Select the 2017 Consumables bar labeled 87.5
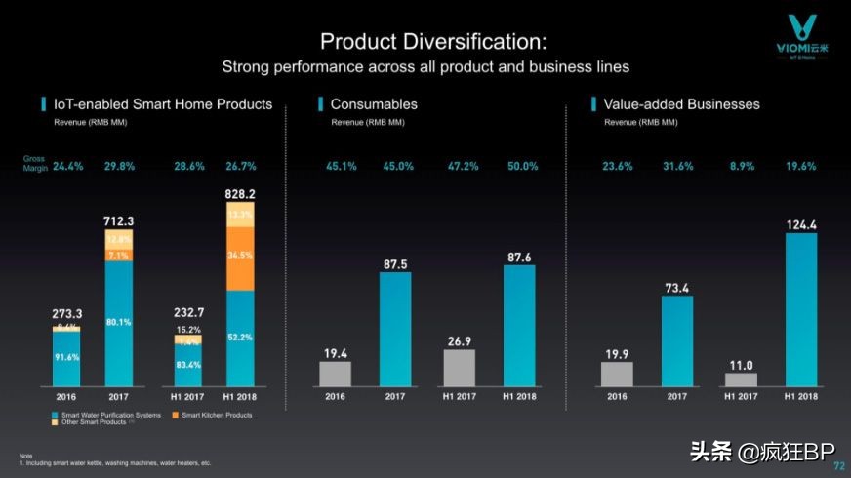(x=395, y=329)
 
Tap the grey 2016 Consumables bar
(x=335, y=374)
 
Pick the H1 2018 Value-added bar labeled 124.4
(x=801, y=309)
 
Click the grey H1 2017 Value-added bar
(x=741, y=378)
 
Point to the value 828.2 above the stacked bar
(x=239, y=195)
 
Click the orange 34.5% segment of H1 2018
(x=240, y=256)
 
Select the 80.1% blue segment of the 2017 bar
(x=119, y=321)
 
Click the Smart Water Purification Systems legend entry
(x=106, y=415)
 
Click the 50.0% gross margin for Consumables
(x=522, y=166)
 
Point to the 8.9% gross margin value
(x=742, y=166)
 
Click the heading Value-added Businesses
(x=681, y=103)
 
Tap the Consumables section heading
(x=374, y=103)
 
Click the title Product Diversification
(x=433, y=42)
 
